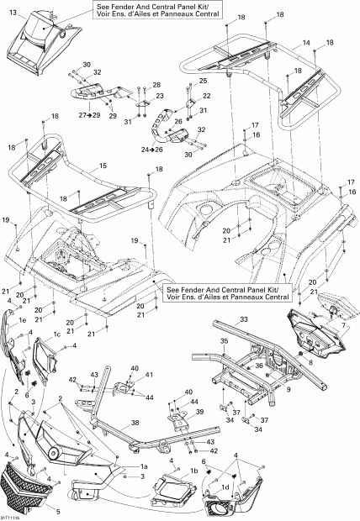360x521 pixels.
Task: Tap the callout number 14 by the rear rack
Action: click(x=306, y=42)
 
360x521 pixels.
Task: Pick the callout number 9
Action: click(x=288, y=390)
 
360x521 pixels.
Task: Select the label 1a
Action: click(x=143, y=466)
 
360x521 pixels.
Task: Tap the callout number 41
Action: click(x=150, y=374)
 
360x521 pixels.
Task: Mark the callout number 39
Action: click(x=199, y=413)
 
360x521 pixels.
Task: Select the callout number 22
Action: click(x=206, y=97)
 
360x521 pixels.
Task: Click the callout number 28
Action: click(x=156, y=87)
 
